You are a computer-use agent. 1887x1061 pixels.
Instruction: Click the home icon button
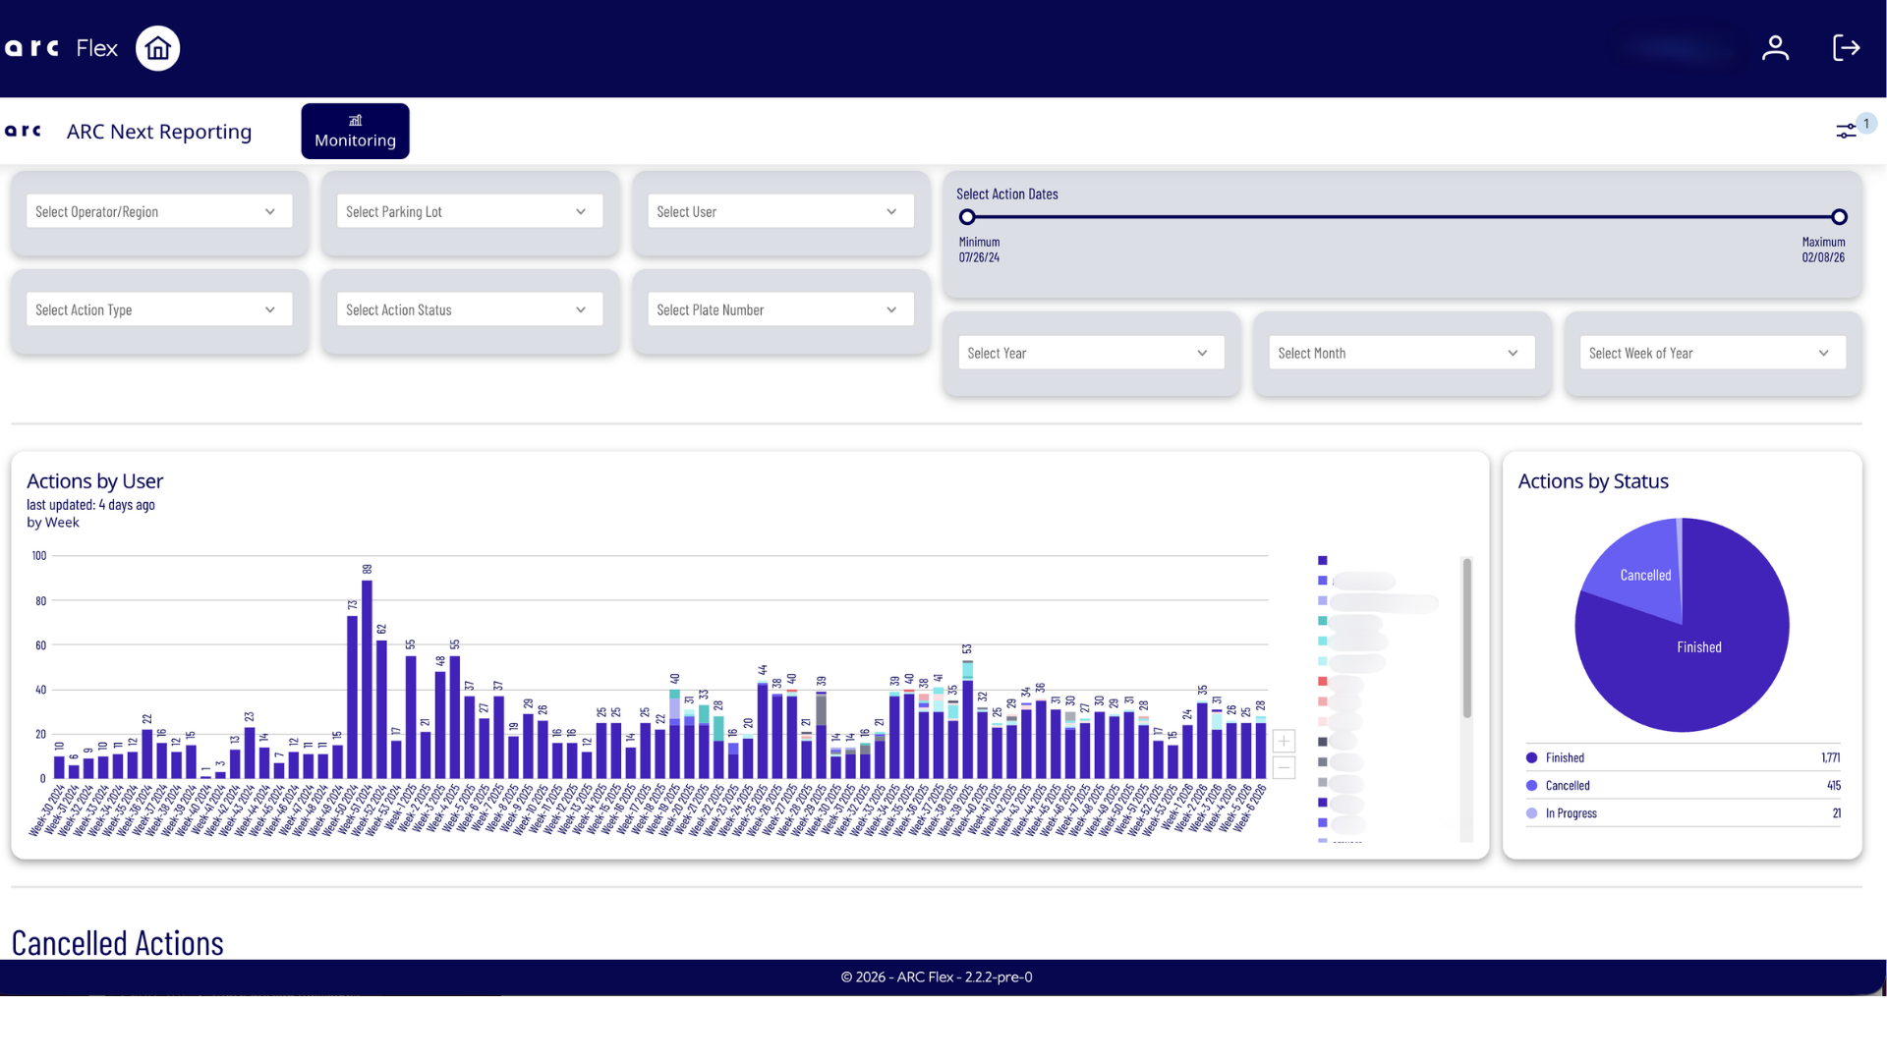(157, 48)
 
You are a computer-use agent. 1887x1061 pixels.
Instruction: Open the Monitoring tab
(355, 132)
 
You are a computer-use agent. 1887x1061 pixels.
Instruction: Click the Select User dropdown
(779, 212)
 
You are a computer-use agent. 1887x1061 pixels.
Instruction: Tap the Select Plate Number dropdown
(779, 310)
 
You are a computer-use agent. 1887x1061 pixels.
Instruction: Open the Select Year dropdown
(1090, 354)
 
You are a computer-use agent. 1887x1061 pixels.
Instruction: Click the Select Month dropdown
(1401, 354)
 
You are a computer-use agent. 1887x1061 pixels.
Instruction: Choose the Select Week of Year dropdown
(1712, 354)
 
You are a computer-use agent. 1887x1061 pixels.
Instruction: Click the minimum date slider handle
(967, 217)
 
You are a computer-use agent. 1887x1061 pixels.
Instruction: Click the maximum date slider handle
(1839, 217)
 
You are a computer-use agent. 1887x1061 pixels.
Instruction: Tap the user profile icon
(1775, 48)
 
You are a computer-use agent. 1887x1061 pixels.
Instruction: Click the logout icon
(1846, 48)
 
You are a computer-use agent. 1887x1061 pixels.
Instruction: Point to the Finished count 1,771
(1830, 758)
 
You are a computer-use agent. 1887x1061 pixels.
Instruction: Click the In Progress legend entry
(1571, 813)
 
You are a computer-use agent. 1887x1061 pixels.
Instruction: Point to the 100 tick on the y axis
(39, 556)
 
